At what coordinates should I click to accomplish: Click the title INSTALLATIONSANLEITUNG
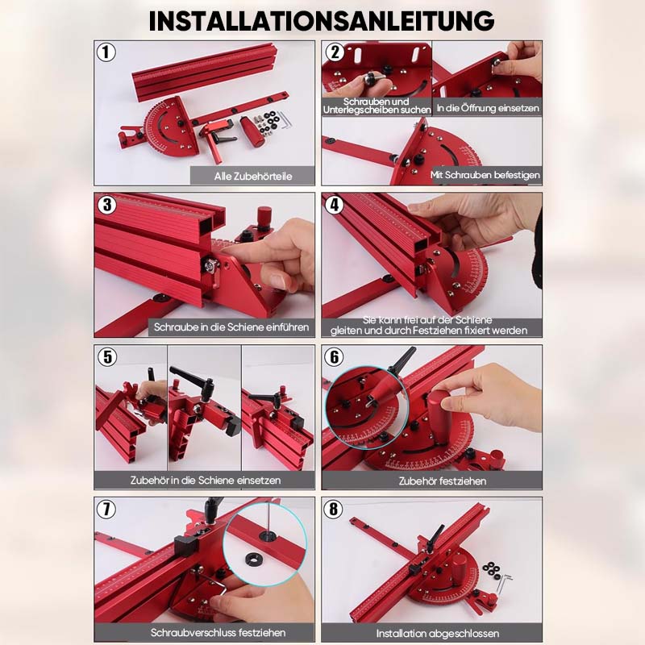(x=322, y=21)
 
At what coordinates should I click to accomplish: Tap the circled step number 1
(x=106, y=52)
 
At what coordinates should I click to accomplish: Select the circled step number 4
(x=334, y=205)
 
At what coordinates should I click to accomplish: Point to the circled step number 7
(x=106, y=510)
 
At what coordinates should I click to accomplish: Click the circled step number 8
(x=334, y=510)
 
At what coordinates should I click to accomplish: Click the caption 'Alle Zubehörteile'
(x=253, y=176)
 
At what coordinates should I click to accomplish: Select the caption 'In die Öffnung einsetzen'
(x=488, y=108)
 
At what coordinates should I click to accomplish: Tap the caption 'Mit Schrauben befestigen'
(x=485, y=175)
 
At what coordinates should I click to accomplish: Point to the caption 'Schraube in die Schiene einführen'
(x=231, y=327)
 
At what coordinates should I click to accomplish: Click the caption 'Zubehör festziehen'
(x=442, y=481)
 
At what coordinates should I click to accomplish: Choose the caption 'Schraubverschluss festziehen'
(x=218, y=632)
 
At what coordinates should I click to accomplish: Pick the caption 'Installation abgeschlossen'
(x=438, y=633)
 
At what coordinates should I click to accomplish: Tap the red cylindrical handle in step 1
(x=256, y=132)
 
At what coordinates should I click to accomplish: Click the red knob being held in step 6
(x=439, y=418)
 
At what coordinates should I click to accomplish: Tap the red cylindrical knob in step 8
(x=460, y=567)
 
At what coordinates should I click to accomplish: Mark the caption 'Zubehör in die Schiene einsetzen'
(x=206, y=480)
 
